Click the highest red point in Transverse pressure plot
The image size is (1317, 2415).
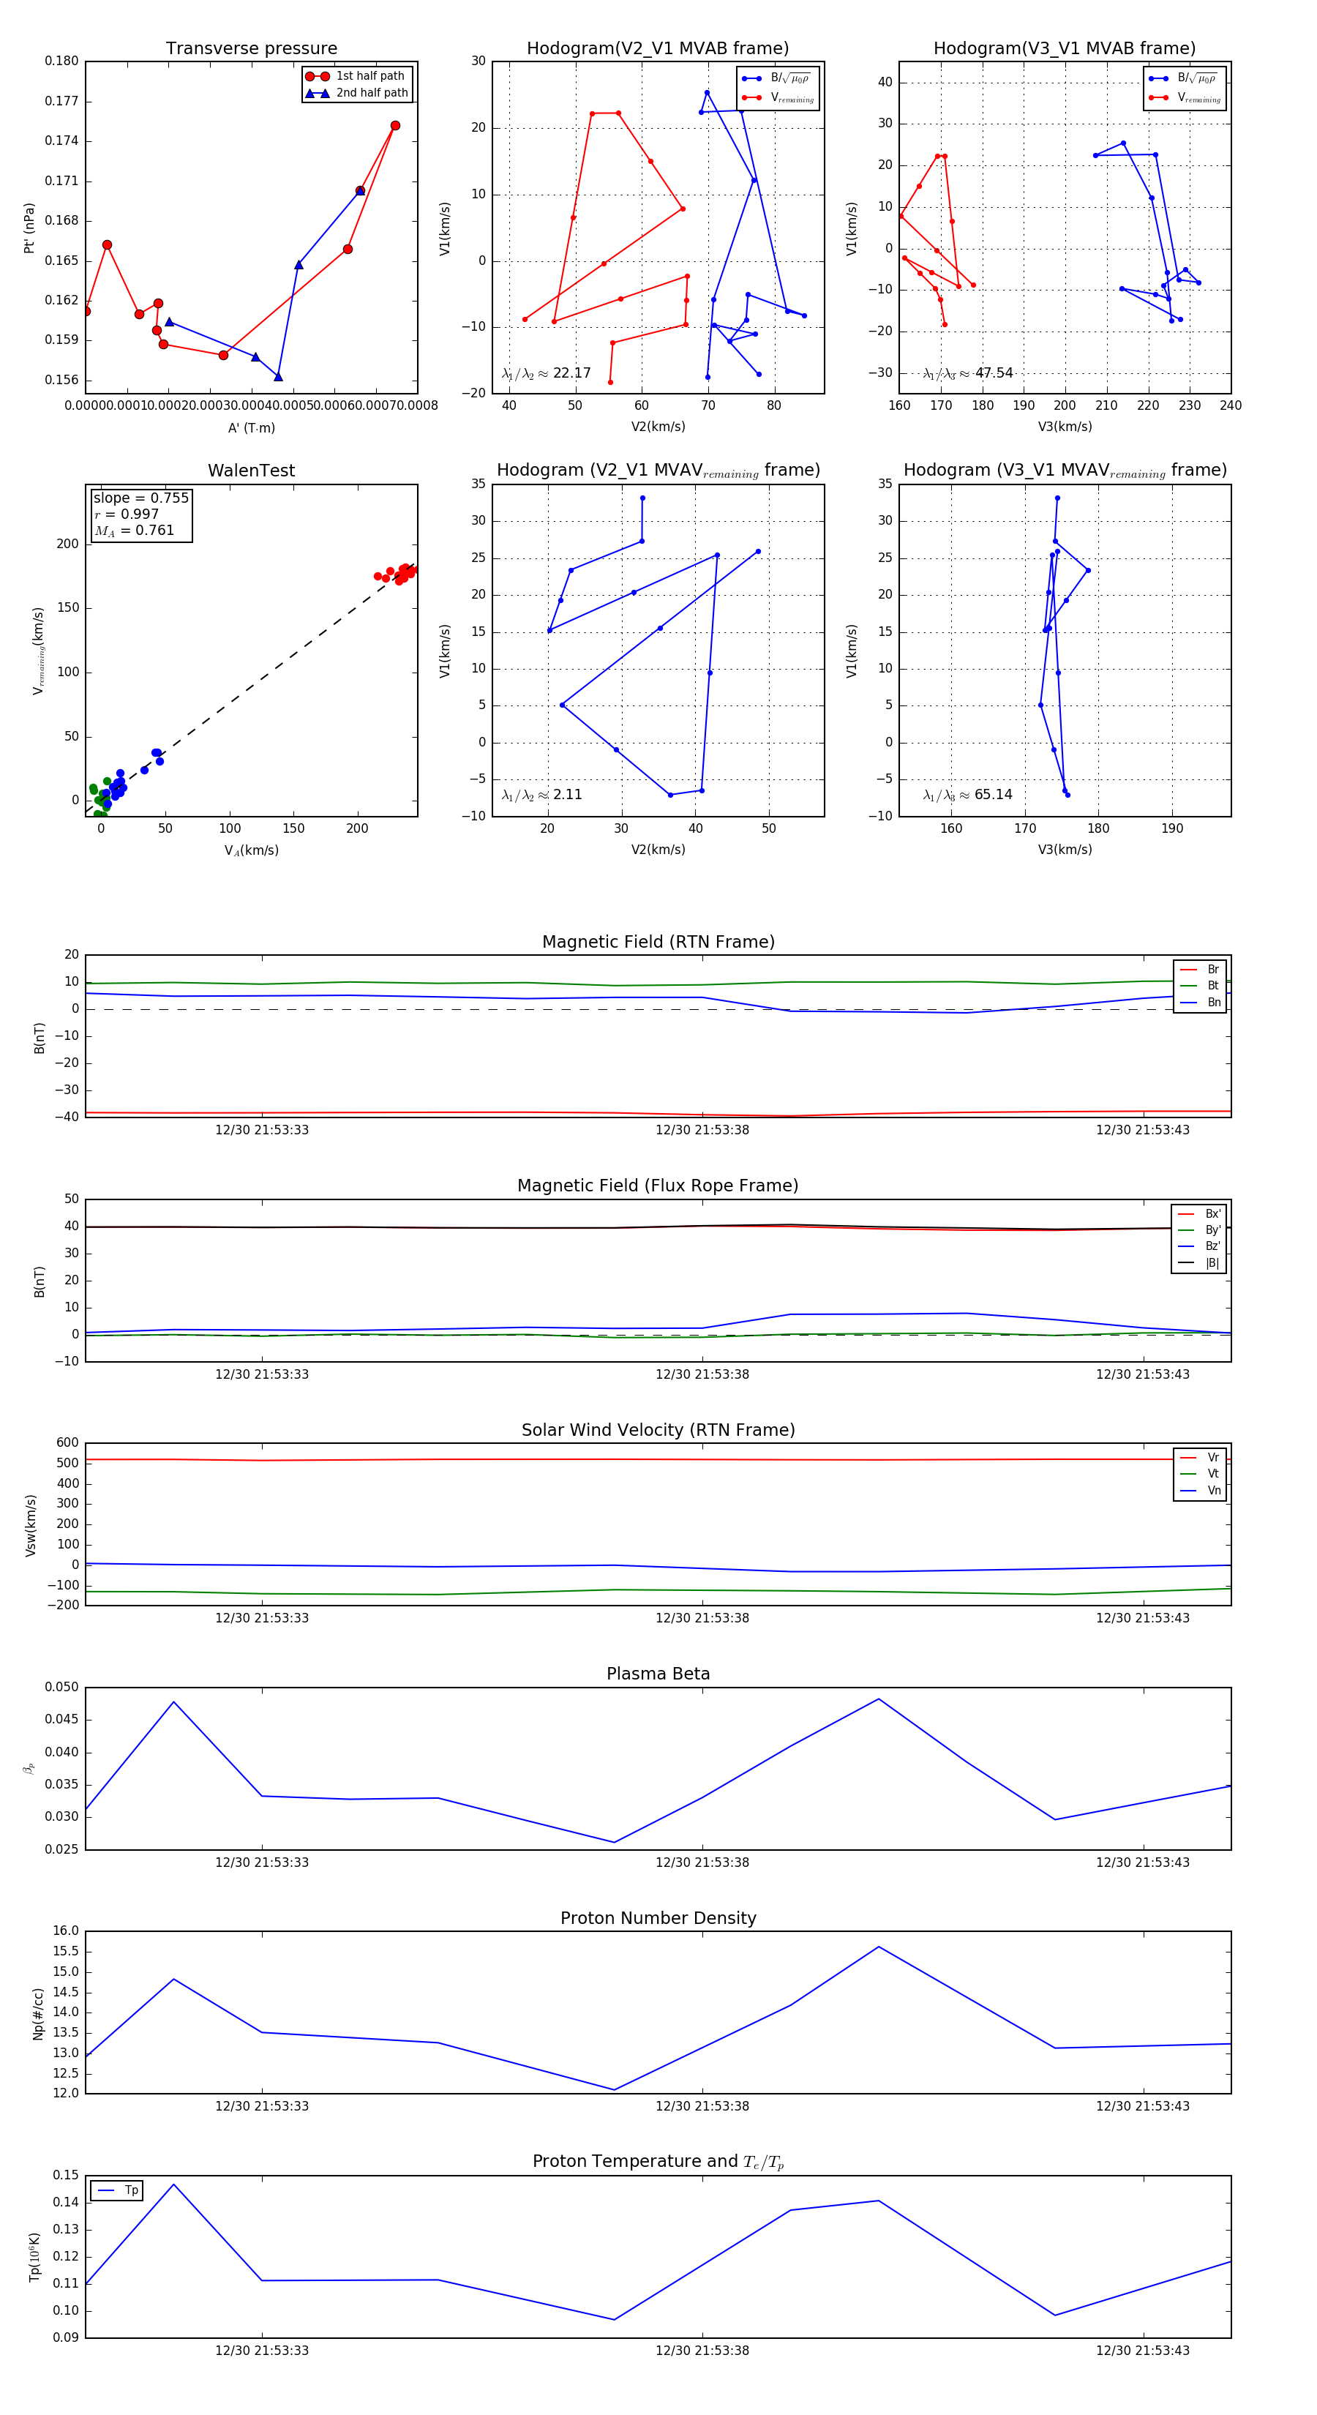tap(394, 126)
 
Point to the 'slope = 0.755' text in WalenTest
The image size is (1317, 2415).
tap(140, 498)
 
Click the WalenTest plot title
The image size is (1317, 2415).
tap(251, 471)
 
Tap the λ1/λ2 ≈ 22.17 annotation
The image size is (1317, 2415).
tap(547, 373)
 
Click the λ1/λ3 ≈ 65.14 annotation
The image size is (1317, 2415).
tap(967, 795)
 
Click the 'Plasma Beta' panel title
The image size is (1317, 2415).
tap(658, 1674)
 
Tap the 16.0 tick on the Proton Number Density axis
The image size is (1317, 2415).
tap(66, 1931)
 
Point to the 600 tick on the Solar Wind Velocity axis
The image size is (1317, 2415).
tap(67, 1443)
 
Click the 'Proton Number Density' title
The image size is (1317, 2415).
tap(658, 1918)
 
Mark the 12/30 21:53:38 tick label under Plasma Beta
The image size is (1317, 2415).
tap(702, 1862)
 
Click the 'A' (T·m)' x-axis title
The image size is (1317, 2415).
tap(251, 427)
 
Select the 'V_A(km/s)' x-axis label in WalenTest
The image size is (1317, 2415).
tap(251, 850)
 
